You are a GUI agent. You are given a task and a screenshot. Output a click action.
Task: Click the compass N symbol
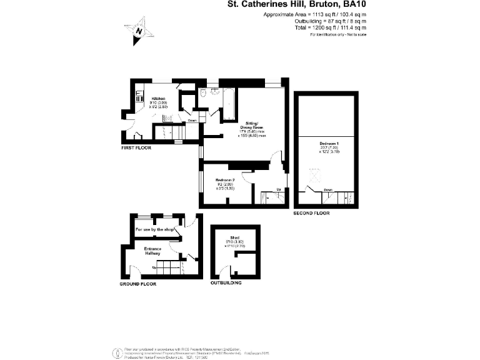pyautogui.click(x=138, y=31)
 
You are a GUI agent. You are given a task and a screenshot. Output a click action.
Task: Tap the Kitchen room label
pyautogui.click(x=157, y=99)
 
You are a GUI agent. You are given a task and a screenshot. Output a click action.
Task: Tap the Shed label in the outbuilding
pyautogui.click(x=225, y=238)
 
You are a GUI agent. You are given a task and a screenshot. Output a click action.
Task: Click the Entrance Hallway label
pyautogui.click(x=154, y=251)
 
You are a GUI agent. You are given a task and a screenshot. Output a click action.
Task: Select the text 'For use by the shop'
pyautogui.click(x=154, y=230)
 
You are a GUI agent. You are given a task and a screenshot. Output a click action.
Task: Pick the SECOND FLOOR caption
pyautogui.click(x=311, y=214)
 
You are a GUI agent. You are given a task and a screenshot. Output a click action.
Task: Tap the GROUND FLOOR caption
pyautogui.click(x=137, y=284)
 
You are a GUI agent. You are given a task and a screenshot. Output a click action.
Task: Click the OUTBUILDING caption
pyautogui.click(x=226, y=284)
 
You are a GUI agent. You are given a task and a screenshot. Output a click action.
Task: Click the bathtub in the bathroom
pyautogui.click(x=227, y=103)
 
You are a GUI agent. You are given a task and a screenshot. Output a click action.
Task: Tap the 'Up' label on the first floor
pyautogui.click(x=278, y=189)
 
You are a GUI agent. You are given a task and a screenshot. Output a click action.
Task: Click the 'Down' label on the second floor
pyautogui.click(x=328, y=190)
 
